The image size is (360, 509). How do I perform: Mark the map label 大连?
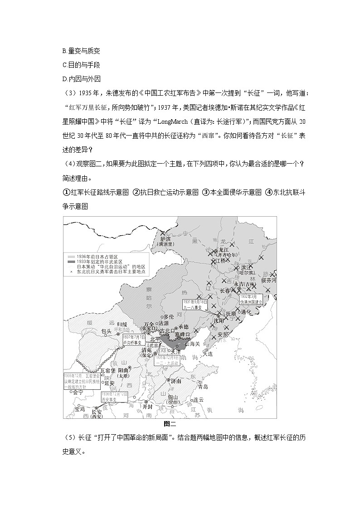point(208,354)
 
